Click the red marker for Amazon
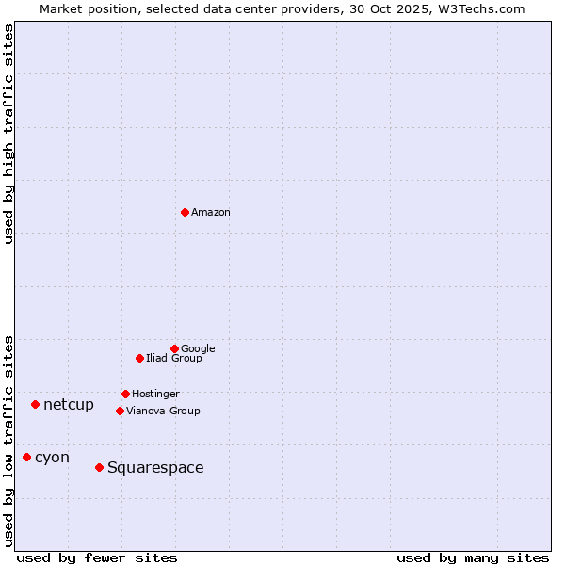point(185,212)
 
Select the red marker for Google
point(174,348)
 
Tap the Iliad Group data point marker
point(139,358)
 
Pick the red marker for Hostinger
point(125,394)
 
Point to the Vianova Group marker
point(120,411)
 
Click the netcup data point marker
point(35,404)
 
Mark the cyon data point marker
point(26,457)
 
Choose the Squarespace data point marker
point(99,467)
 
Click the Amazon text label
point(211,213)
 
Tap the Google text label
point(198,349)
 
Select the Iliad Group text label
point(174,359)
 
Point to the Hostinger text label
point(155,395)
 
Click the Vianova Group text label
point(163,412)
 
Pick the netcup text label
point(69,405)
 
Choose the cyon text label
point(52,458)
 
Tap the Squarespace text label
point(155,468)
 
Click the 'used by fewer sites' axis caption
point(97,557)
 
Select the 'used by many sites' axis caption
point(473,557)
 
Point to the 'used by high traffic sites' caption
point(9,134)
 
